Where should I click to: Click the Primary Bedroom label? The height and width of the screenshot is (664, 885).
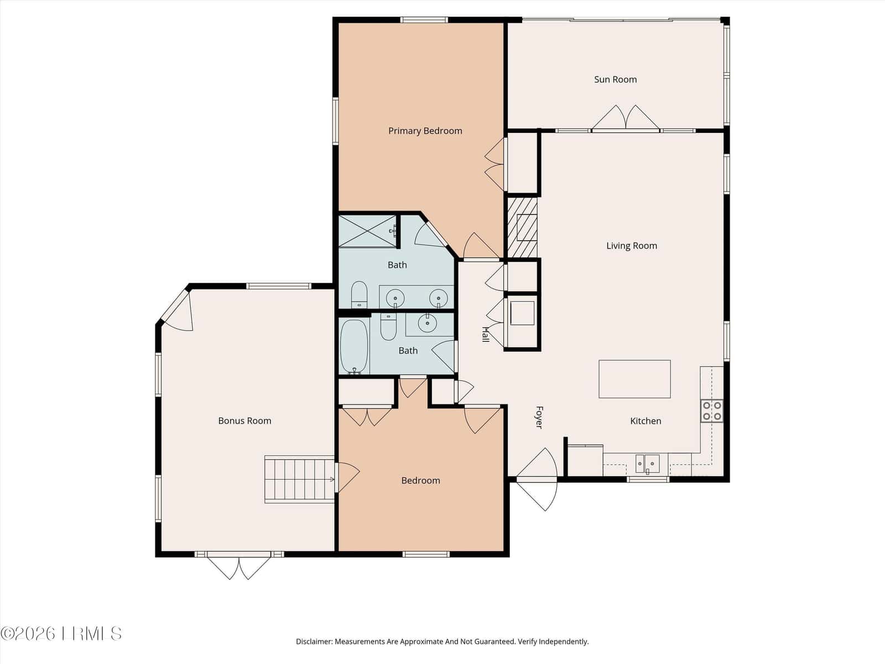pos(425,131)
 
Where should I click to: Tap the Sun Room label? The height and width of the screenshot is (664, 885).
pos(615,80)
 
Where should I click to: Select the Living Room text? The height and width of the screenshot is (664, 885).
pos(632,246)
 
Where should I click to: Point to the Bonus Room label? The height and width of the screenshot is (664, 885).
pos(244,421)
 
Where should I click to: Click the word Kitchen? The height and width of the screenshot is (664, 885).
pos(645,421)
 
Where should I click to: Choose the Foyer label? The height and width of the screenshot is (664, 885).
pos(539,417)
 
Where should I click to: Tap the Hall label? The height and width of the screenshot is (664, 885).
pos(486,335)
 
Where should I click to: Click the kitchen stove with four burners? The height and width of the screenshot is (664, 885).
pos(712,411)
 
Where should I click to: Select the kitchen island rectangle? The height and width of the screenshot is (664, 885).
pos(634,379)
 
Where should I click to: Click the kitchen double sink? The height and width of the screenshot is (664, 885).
pos(648,464)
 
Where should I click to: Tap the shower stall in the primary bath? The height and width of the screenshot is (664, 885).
pos(368,231)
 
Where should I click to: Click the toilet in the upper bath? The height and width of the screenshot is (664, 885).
pos(359,294)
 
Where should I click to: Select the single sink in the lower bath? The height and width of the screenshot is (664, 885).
pos(426,323)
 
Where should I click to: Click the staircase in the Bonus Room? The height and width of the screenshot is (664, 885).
pos(300,479)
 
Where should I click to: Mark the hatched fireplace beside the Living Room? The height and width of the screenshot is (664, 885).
pos(522,228)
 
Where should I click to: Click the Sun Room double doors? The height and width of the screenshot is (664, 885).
pos(626,118)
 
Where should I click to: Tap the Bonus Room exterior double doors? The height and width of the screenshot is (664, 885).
pos(239,567)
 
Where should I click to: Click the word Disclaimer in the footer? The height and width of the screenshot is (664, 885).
pos(314,641)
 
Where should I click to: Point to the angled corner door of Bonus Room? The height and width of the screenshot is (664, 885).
pos(178,311)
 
